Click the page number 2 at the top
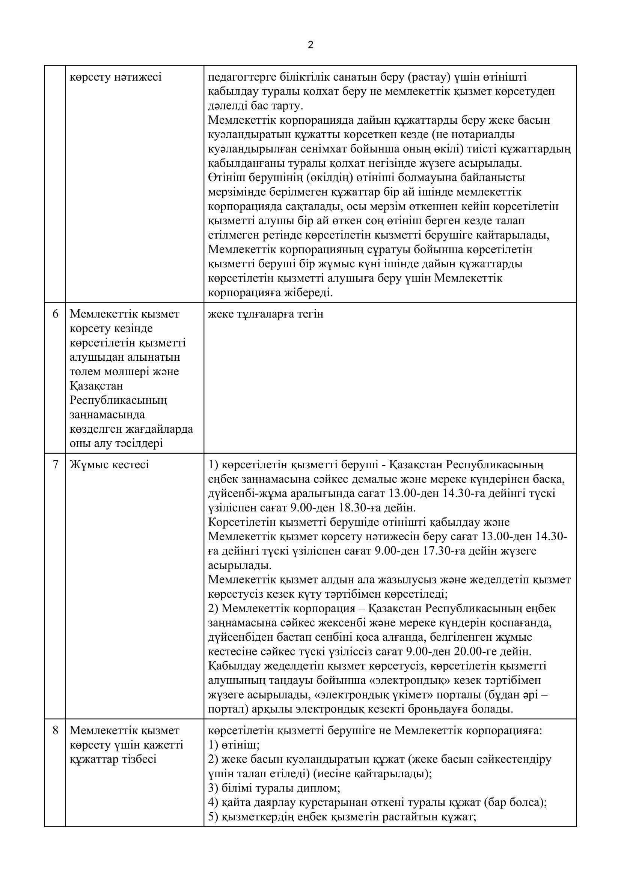310,45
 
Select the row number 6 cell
55,314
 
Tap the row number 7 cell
55,465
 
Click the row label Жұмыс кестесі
109,465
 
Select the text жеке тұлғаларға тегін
266,314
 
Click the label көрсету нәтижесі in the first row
116,77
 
